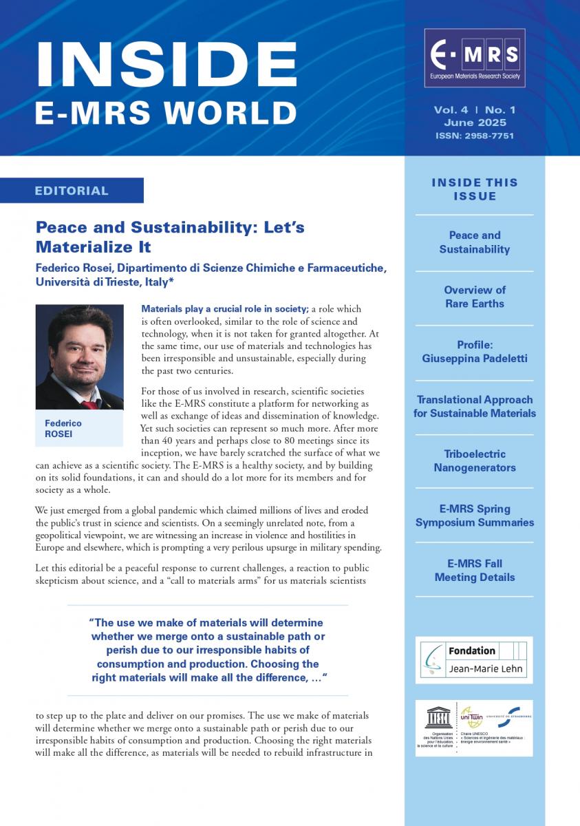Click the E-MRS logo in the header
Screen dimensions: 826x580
tap(475, 58)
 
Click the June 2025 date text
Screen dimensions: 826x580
tap(475, 123)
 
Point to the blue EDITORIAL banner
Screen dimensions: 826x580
tap(72, 191)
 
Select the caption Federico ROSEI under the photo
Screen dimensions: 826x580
tap(63, 429)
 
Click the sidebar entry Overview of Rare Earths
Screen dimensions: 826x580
tap(474, 297)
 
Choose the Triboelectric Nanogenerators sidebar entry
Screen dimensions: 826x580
tap(474, 461)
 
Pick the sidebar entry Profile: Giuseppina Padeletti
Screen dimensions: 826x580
tap(474, 352)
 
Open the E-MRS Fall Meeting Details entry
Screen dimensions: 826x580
tap(474, 571)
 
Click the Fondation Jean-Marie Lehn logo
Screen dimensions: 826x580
tap(474, 659)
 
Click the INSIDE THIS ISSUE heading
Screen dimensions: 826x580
tap(474, 189)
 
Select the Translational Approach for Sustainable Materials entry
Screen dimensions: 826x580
tap(474, 406)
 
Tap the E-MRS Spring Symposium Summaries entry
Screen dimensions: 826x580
tap(474, 516)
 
